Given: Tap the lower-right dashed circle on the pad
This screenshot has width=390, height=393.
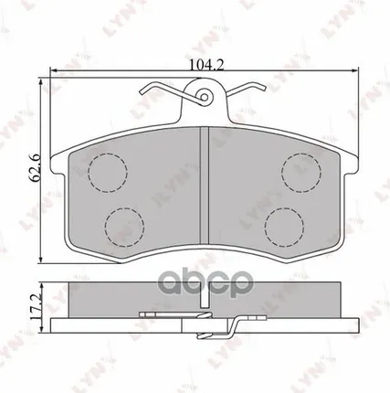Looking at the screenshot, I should (282, 223).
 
